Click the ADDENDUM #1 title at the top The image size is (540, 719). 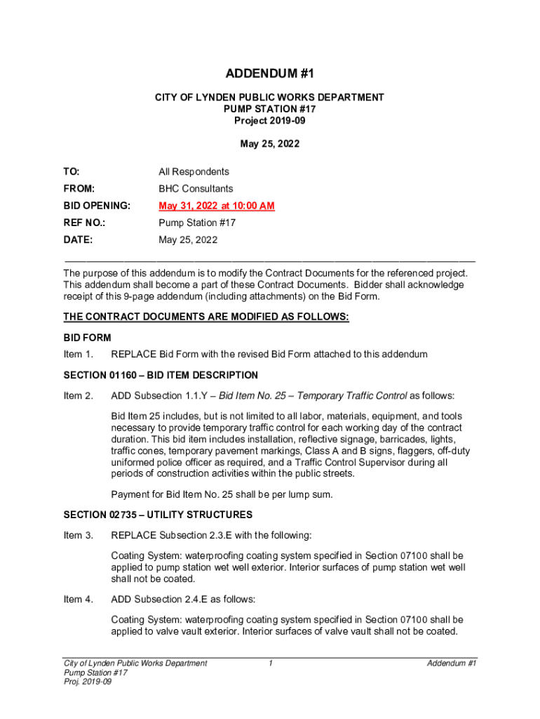point(269,74)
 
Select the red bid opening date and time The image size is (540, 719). point(216,206)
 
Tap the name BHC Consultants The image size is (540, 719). point(196,189)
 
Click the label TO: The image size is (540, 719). point(72,172)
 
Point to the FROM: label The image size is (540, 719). point(79,189)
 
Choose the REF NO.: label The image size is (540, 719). point(82,223)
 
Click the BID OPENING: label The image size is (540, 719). point(97,206)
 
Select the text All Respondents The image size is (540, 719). point(194,172)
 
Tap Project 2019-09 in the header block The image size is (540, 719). point(269,121)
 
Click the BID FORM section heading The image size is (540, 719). point(87,338)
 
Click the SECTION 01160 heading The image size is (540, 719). point(161,376)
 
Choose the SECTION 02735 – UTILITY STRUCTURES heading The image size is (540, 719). point(158,515)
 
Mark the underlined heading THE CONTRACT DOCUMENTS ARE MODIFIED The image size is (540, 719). point(206,317)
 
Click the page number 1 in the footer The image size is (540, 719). point(270,664)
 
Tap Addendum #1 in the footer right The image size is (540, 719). point(452,664)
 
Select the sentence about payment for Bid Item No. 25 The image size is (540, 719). point(222,494)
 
